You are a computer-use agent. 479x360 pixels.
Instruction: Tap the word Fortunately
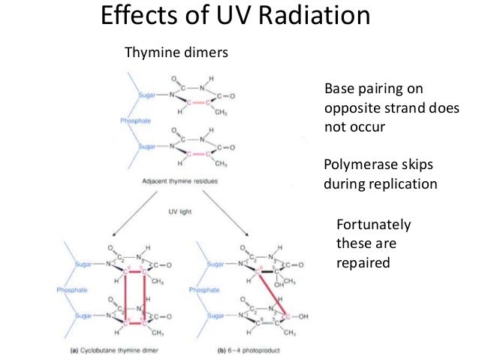coord(375,225)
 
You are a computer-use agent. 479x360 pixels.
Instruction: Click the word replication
coord(404,183)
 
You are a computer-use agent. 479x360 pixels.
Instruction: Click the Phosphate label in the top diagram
coord(136,121)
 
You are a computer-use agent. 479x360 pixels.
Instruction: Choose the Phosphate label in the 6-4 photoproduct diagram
coord(205,289)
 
